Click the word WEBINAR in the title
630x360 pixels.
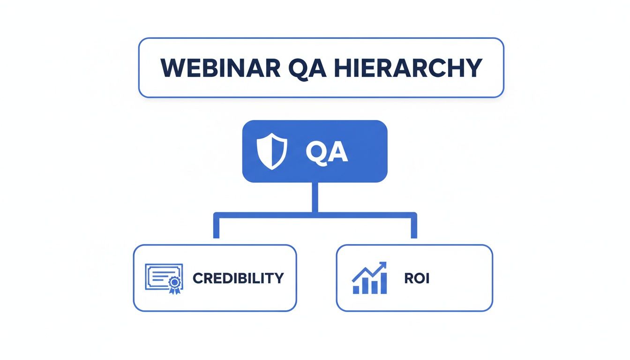pyautogui.click(x=220, y=68)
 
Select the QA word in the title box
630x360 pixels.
pyautogui.click(x=307, y=68)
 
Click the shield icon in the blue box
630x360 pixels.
pyautogui.click(x=272, y=151)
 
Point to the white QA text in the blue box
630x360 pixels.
pyautogui.click(x=327, y=152)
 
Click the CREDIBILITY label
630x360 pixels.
pyautogui.click(x=238, y=278)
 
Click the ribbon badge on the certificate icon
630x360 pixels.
pyautogui.click(x=175, y=285)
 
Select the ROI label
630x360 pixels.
pyautogui.click(x=417, y=278)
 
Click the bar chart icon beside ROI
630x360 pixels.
pyautogui.click(x=369, y=278)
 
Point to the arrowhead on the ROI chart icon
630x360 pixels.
pyautogui.click(x=382, y=265)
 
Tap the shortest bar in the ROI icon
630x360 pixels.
pyautogui.click(x=356, y=290)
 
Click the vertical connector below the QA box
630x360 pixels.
pyautogui.click(x=315, y=197)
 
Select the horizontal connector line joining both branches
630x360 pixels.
pyautogui.click(x=315, y=215)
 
